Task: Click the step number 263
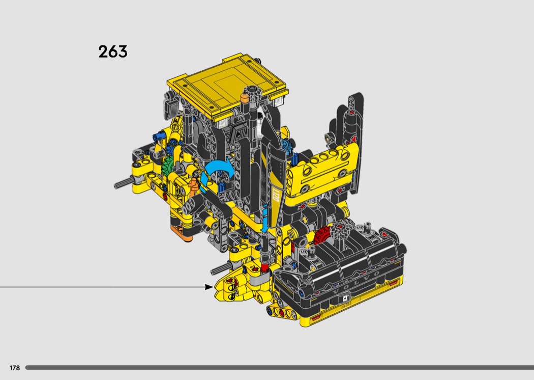click(x=113, y=52)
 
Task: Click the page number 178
click(x=15, y=368)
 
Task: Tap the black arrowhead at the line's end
click(x=209, y=287)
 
